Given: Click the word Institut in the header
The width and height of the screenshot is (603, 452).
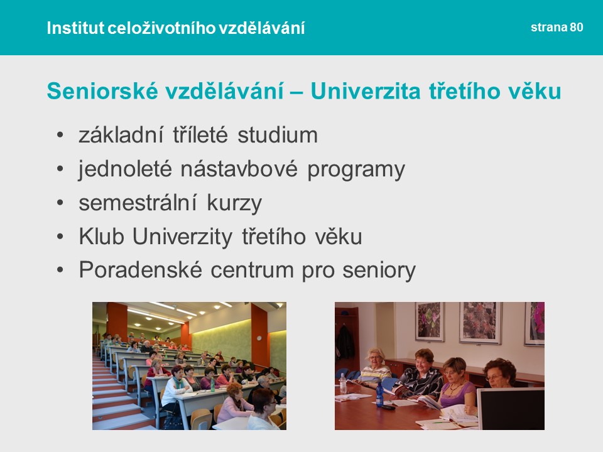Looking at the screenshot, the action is click(75, 28).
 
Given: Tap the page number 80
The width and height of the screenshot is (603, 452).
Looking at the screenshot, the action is click(577, 27).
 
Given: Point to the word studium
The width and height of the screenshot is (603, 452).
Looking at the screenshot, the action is click(278, 135).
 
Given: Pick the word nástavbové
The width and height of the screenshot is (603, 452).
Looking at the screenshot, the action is click(239, 169).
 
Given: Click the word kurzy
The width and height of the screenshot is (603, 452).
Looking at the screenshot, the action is click(234, 203).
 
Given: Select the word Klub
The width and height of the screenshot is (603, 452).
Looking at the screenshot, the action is click(102, 236).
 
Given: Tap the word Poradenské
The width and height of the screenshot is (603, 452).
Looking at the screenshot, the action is click(141, 269).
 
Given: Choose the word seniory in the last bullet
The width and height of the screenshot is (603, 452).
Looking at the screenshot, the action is click(379, 271).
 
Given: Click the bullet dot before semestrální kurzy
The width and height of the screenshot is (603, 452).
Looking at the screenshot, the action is click(60, 203).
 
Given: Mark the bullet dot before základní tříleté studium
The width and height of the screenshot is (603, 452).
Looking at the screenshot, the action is click(60, 135).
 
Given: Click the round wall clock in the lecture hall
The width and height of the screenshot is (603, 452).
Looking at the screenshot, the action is click(259, 338).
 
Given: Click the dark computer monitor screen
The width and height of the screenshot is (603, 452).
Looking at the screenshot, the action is click(511, 410).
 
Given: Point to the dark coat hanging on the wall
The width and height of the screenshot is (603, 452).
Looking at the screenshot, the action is click(345, 342).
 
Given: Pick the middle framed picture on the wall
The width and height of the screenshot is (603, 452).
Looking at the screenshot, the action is click(481, 323).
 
